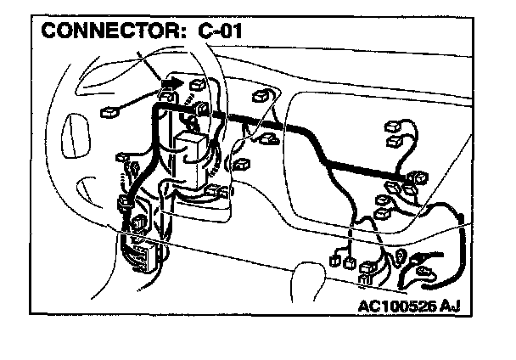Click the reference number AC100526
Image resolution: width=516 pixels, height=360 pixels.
click(405, 303)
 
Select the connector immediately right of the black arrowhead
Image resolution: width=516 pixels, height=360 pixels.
click(199, 84)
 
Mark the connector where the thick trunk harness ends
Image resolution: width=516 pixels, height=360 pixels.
click(418, 178)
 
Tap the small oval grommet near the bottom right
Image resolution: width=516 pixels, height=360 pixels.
click(400, 254)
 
